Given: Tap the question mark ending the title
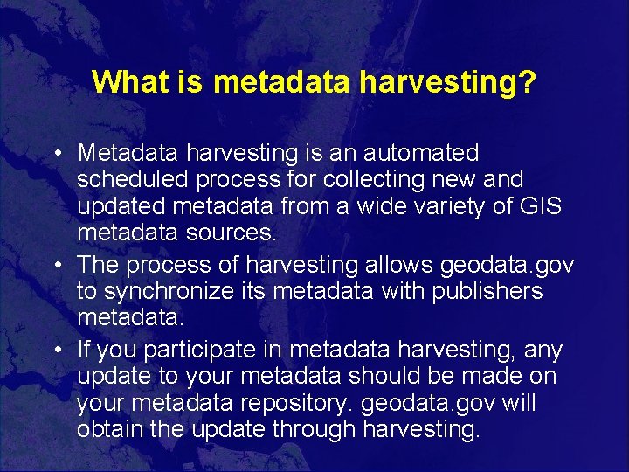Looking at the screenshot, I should click(527, 82).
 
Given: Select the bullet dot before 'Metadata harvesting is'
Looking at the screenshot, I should click(55, 154).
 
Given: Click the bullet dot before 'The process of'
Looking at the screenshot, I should click(55, 266).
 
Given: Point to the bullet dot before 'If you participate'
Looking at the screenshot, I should click(55, 351).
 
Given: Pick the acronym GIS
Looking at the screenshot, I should click(541, 207).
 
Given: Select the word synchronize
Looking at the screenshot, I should click(169, 291).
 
